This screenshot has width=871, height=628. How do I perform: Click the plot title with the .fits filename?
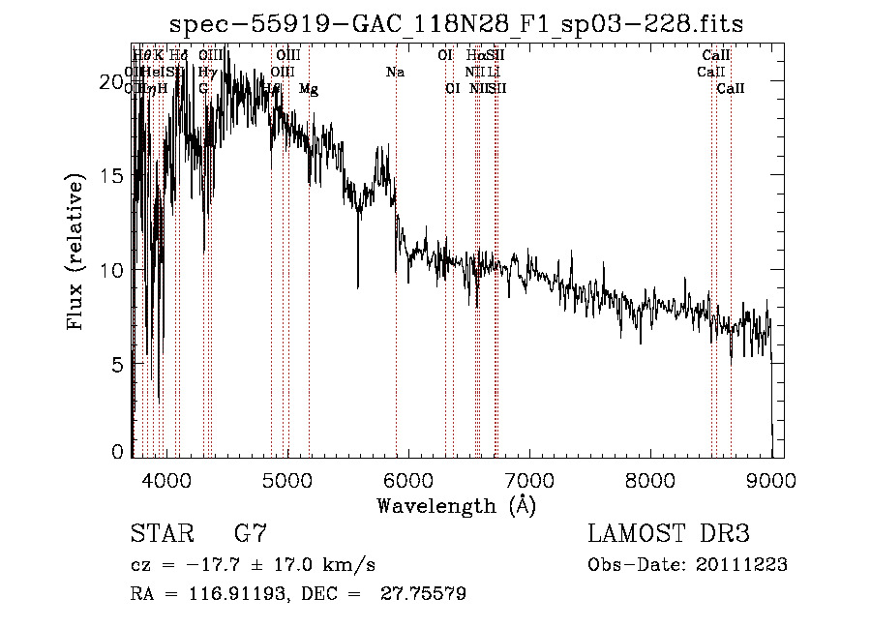457,24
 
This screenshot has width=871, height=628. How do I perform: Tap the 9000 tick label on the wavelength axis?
771,478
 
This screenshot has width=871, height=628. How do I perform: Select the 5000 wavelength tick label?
286,478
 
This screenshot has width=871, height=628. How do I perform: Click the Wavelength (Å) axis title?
456,505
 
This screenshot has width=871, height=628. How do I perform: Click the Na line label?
395,73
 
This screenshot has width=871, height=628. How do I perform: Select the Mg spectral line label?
309,89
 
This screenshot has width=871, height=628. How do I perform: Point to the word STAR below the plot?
161,534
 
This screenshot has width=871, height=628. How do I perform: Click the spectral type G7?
251,534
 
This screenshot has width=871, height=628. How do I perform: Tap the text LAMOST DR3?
669,534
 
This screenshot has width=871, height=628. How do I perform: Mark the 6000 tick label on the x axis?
407,478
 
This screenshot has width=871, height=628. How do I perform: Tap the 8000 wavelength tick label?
650,478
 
